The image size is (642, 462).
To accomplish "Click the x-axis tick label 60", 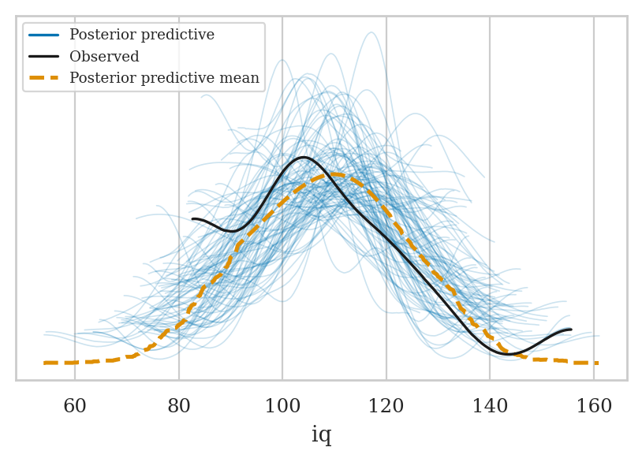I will (75, 406).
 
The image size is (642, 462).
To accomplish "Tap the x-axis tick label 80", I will (179, 406).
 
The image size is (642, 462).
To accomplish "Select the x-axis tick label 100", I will (282, 406).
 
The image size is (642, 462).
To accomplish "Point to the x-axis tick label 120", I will (386, 406).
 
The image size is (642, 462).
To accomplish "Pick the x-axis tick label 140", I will (490, 406).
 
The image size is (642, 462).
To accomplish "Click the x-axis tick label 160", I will (594, 406).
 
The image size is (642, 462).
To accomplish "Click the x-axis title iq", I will (321, 435).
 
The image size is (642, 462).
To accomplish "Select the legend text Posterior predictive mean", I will (164, 78).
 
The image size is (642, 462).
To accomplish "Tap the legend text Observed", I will (104, 57).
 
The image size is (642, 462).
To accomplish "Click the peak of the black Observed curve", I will (304, 158).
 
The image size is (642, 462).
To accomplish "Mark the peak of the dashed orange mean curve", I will (334, 173).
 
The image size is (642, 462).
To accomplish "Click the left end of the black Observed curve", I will (192, 218).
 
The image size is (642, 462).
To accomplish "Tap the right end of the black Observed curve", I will (570, 330).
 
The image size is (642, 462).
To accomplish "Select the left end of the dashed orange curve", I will (44, 363).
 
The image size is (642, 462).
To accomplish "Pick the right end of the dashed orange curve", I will (597, 363).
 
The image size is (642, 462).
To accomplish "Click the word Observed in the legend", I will (104, 57).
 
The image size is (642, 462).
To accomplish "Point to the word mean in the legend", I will (241, 78).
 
